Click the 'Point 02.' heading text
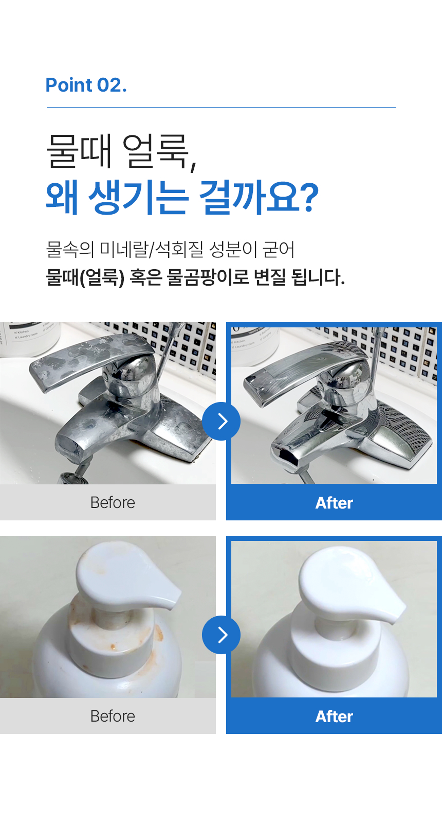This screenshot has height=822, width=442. (86, 85)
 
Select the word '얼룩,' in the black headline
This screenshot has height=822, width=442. (159, 151)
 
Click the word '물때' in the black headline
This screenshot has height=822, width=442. (79, 151)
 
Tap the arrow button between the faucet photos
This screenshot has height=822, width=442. (221, 421)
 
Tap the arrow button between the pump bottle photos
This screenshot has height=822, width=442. (221, 635)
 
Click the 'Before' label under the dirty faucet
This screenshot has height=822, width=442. (113, 502)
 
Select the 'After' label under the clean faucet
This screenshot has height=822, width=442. (334, 503)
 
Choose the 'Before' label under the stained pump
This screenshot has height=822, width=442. (113, 716)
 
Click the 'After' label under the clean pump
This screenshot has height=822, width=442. (334, 716)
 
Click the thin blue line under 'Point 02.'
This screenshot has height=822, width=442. (222, 107)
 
